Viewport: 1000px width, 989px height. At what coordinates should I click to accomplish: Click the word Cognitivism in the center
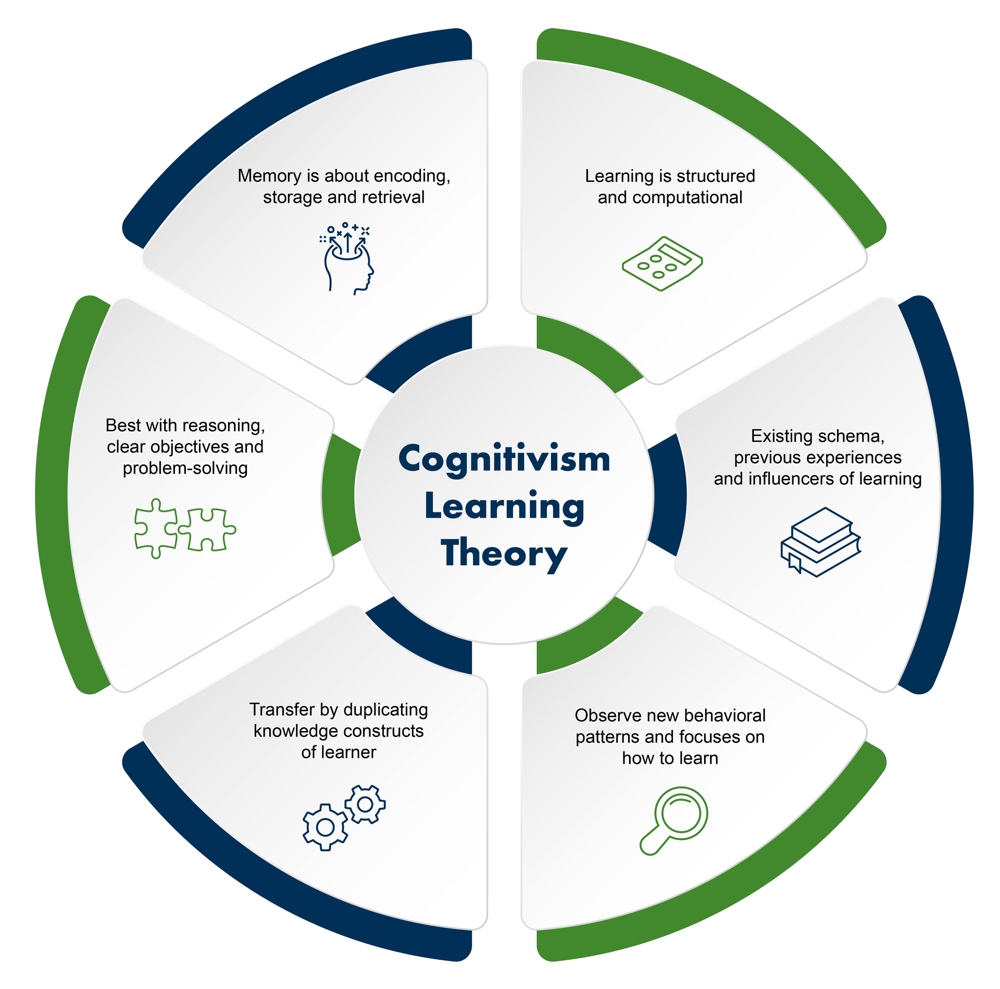pyautogui.click(x=504, y=459)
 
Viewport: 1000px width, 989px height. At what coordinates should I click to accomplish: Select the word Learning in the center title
pyautogui.click(x=504, y=506)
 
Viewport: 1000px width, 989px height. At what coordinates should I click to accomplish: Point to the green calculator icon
pyautogui.click(x=662, y=264)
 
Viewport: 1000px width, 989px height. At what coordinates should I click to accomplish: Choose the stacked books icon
pyautogui.click(x=820, y=542)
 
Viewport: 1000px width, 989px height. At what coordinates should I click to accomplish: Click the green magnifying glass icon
pyautogui.click(x=674, y=820)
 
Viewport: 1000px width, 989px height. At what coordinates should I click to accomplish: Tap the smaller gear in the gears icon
pyautogui.click(x=365, y=805)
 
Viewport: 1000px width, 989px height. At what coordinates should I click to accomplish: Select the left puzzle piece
pyautogui.click(x=155, y=528)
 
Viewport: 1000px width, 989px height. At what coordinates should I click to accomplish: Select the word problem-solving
pyautogui.click(x=185, y=468)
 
